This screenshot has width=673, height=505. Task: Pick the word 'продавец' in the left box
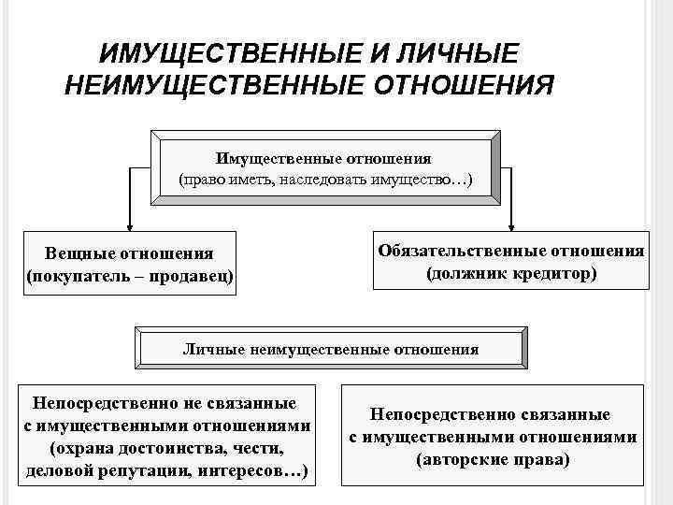click(195, 277)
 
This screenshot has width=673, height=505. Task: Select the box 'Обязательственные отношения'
click(511, 262)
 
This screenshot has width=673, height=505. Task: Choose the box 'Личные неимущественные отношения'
click(330, 349)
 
